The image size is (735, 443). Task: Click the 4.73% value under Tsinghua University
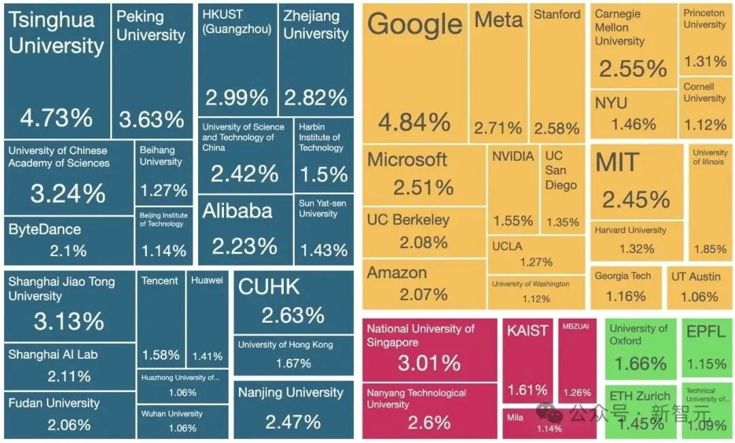[x=56, y=118]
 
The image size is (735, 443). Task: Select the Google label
[x=414, y=25]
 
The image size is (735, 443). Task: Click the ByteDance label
[x=44, y=230]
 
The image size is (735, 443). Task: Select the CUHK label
[x=269, y=287]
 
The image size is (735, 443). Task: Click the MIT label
[x=617, y=162]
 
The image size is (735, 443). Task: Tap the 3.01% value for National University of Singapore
[x=429, y=363]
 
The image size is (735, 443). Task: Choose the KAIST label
[x=527, y=331]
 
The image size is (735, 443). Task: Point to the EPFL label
[x=706, y=332]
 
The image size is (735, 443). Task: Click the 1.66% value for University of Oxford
[x=640, y=364]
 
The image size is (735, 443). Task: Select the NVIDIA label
[x=513, y=156]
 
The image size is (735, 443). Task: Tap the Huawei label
[x=207, y=280]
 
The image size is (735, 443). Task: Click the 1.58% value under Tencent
[x=161, y=355]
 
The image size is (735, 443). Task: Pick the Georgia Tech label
[x=623, y=276]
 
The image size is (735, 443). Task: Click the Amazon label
[x=397, y=273]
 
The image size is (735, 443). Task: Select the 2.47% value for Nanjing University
[x=293, y=421]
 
